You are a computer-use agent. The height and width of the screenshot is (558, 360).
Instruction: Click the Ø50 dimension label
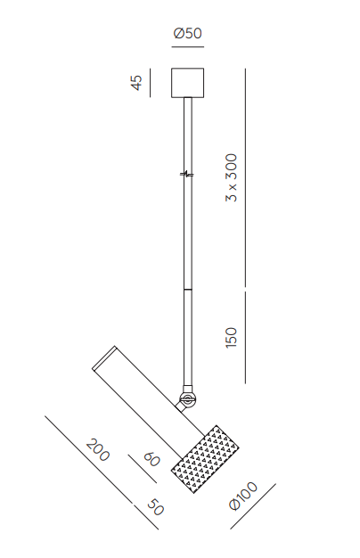(x=187, y=34)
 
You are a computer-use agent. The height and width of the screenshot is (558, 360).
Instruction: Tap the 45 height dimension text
(x=137, y=83)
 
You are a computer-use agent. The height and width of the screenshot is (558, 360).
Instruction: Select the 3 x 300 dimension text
(x=231, y=177)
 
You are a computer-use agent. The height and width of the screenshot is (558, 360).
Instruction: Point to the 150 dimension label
(x=231, y=337)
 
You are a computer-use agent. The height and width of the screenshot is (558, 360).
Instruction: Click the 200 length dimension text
(x=98, y=450)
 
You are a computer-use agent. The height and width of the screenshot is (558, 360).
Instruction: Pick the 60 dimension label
(x=151, y=459)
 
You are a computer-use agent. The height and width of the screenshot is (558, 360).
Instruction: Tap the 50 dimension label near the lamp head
(x=155, y=507)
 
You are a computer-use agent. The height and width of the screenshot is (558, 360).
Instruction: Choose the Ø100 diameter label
(x=243, y=496)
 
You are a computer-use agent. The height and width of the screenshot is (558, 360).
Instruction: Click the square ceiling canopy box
(x=188, y=83)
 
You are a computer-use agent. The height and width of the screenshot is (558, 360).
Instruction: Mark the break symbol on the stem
(x=187, y=174)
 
